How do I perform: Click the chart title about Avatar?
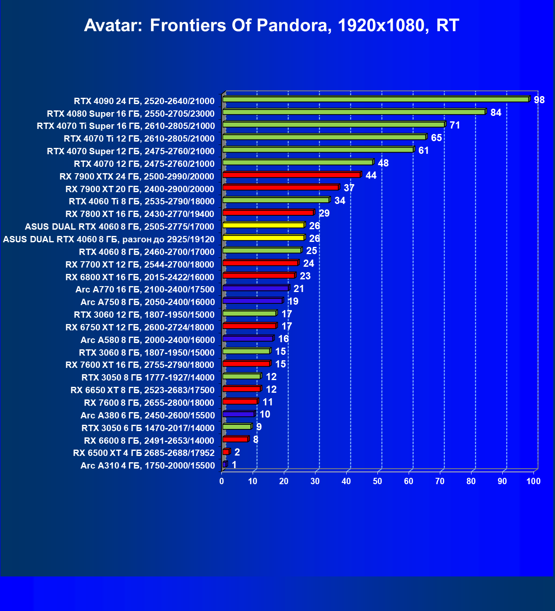pyautogui.click(x=271, y=26)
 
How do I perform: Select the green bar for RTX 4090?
pyautogui.click(x=375, y=99)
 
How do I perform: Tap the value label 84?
pyautogui.click(x=496, y=113)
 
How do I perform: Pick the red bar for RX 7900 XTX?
pyautogui.click(x=291, y=175)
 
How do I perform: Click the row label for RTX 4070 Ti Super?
pyautogui.click(x=126, y=126)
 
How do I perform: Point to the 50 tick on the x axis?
pyautogui.click(x=377, y=481)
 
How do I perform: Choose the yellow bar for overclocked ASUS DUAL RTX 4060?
pyautogui.click(x=263, y=238)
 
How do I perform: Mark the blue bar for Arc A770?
pyautogui.click(x=256, y=288)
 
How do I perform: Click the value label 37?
pyautogui.click(x=349, y=188)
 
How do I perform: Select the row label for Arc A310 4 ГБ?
pyautogui.click(x=148, y=466)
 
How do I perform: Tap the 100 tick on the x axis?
pyautogui.click(x=533, y=481)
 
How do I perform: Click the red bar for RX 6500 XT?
pyautogui.click(x=226, y=452)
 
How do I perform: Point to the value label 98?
pyautogui.click(x=539, y=100)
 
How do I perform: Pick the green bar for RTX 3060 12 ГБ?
pyautogui.click(x=249, y=314)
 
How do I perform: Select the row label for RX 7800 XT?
pyautogui.click(x=140, y=214)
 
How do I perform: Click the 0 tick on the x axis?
pyautogui.click(x=222, y=481)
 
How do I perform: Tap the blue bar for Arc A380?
pyautogui.click(x=238, y=414)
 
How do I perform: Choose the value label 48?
pyautogui.click(x=383, y=163)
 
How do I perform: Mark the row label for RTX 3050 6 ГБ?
pyautogui.click(x=148, y=428)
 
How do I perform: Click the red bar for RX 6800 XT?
pyautogui.click(x=259, y=276)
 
